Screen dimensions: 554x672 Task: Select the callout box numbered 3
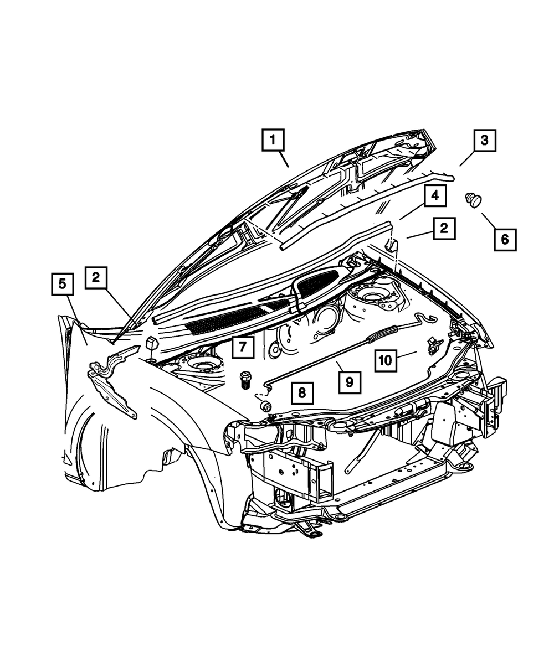tap(484, 141)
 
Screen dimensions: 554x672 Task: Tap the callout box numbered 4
tap(436, 196)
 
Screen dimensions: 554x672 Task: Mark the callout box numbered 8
tap(301, 393)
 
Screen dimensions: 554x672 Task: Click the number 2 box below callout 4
tap(445, 228)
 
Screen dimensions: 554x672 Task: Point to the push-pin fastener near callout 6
tap(474, 199)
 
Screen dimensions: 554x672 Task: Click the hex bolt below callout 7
tap(245, 381)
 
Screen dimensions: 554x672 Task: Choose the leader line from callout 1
tap(283, 159)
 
